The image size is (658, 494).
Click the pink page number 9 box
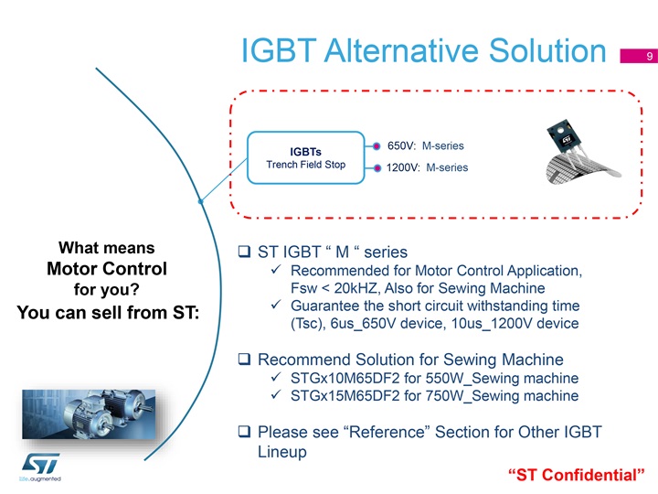[639, 56]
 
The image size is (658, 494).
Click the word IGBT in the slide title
[279, 51]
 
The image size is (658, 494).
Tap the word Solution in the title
[547, 51]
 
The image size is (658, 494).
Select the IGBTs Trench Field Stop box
[306, 157]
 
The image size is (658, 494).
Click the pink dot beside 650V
[377, 146]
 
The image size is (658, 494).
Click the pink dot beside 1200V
[377, 168]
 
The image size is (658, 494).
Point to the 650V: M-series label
[426, 145]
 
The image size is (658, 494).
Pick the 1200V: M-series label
[427, 167]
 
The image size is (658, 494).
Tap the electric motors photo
[89, 414]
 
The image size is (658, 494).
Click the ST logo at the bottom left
[40, 467]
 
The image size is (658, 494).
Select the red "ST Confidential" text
[576, 475]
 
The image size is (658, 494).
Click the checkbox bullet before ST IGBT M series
[244, 252]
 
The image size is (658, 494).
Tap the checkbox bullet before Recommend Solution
[244, 359]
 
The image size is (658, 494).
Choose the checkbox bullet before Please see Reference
[244, 431]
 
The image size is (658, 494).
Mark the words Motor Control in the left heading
[107, 269]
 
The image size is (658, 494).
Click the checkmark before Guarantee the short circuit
[276, 305]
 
